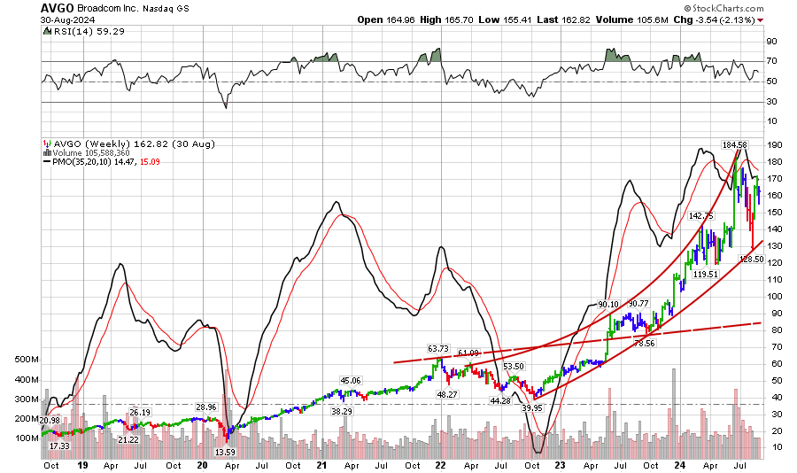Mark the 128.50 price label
pyautogui.click(x=752, y=260)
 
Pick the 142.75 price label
pyautogui.click(x=700, y=215)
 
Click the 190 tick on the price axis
pyautogui.click(x=773, y=145)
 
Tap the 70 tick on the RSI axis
pyautogui.click(x=771, y=61)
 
